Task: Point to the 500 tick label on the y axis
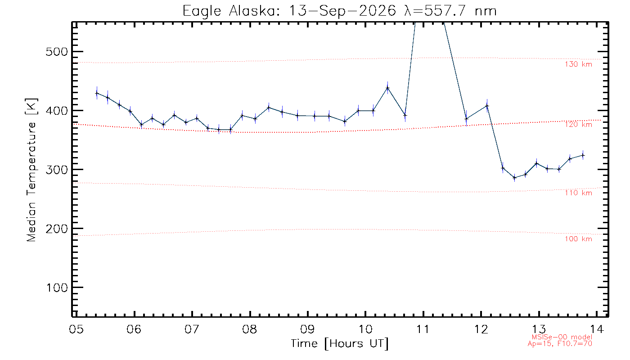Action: (x=57, y=52)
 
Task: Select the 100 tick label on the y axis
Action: (x=57, y=288)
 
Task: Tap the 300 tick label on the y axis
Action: (x=57, y=170)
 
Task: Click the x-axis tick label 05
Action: (x=76, y=329)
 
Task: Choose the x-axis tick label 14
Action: (x=597, y=329)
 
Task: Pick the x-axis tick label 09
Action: (x=307, y=329)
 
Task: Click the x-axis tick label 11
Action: (x=423, y=329)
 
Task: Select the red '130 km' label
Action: (x=579, y=64)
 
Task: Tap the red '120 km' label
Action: (x=579, y=125)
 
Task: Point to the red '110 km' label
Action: (x=579, y=193)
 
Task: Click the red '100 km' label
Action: (x=579, y=239)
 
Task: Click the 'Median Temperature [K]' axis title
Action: (x=31, y=170)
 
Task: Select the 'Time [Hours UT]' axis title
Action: (x=339, y=344)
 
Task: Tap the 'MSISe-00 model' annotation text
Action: (x=562, y=337)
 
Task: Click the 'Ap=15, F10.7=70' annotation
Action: (x=560, y=344)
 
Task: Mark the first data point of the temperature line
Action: (x=97, y=93)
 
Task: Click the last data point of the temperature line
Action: (x=583, y=155)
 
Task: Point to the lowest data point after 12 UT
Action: (x=515, y=178)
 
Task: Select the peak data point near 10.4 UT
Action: (x=387, y=88)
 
